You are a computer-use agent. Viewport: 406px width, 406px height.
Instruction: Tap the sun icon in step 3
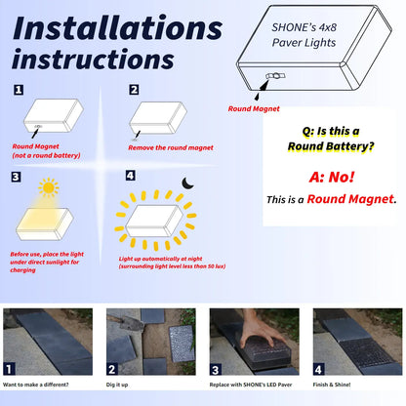point(48,187)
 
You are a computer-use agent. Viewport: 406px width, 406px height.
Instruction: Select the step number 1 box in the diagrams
point(18,90)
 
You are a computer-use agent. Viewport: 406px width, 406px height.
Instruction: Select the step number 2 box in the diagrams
point(134,90)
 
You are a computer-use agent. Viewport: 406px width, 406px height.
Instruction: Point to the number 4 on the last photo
point(318,369)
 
